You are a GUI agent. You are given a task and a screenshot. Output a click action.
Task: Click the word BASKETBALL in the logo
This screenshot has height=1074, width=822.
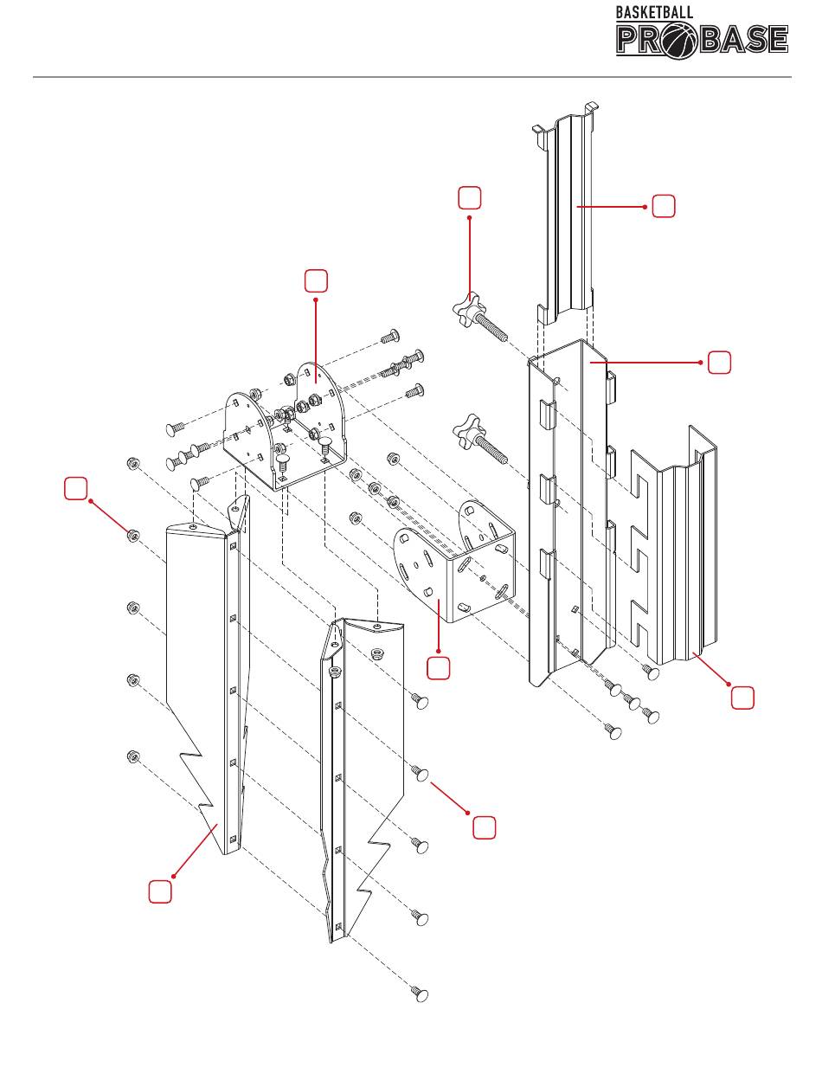tap(654, 12)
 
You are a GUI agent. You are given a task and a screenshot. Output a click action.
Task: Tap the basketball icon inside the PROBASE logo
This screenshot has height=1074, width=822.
tap(681, 40)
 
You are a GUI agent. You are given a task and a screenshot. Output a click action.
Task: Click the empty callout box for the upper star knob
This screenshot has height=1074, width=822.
tap(469, 196)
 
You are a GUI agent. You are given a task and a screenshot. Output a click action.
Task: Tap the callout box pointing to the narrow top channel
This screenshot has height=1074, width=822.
tap(663, 207)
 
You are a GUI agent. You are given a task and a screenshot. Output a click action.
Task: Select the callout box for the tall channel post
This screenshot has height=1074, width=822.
tap(719, 363)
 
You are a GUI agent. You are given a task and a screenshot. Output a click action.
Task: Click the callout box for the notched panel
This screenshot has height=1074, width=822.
tap(742, 698)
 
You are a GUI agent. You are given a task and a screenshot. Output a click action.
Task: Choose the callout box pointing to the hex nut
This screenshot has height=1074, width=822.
tap(76, 488)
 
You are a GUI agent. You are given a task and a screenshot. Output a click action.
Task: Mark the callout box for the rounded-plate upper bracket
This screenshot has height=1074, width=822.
tap(316, 280)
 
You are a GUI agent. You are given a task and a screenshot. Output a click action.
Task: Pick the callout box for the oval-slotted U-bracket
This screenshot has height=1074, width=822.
tap(439, 667)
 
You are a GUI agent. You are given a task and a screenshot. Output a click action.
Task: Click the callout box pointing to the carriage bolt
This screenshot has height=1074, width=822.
tap(484, 827)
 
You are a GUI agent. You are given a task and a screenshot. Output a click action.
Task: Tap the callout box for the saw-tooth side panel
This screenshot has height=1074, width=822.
tap(158, 891)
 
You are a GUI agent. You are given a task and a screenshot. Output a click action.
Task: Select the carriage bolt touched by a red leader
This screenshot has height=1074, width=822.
tap(421, 773)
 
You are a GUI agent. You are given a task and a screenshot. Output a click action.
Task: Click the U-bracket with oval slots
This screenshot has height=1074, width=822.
tap(455, 563)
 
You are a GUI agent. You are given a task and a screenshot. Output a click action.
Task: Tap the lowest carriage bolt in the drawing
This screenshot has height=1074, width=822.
tap(421, 994)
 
